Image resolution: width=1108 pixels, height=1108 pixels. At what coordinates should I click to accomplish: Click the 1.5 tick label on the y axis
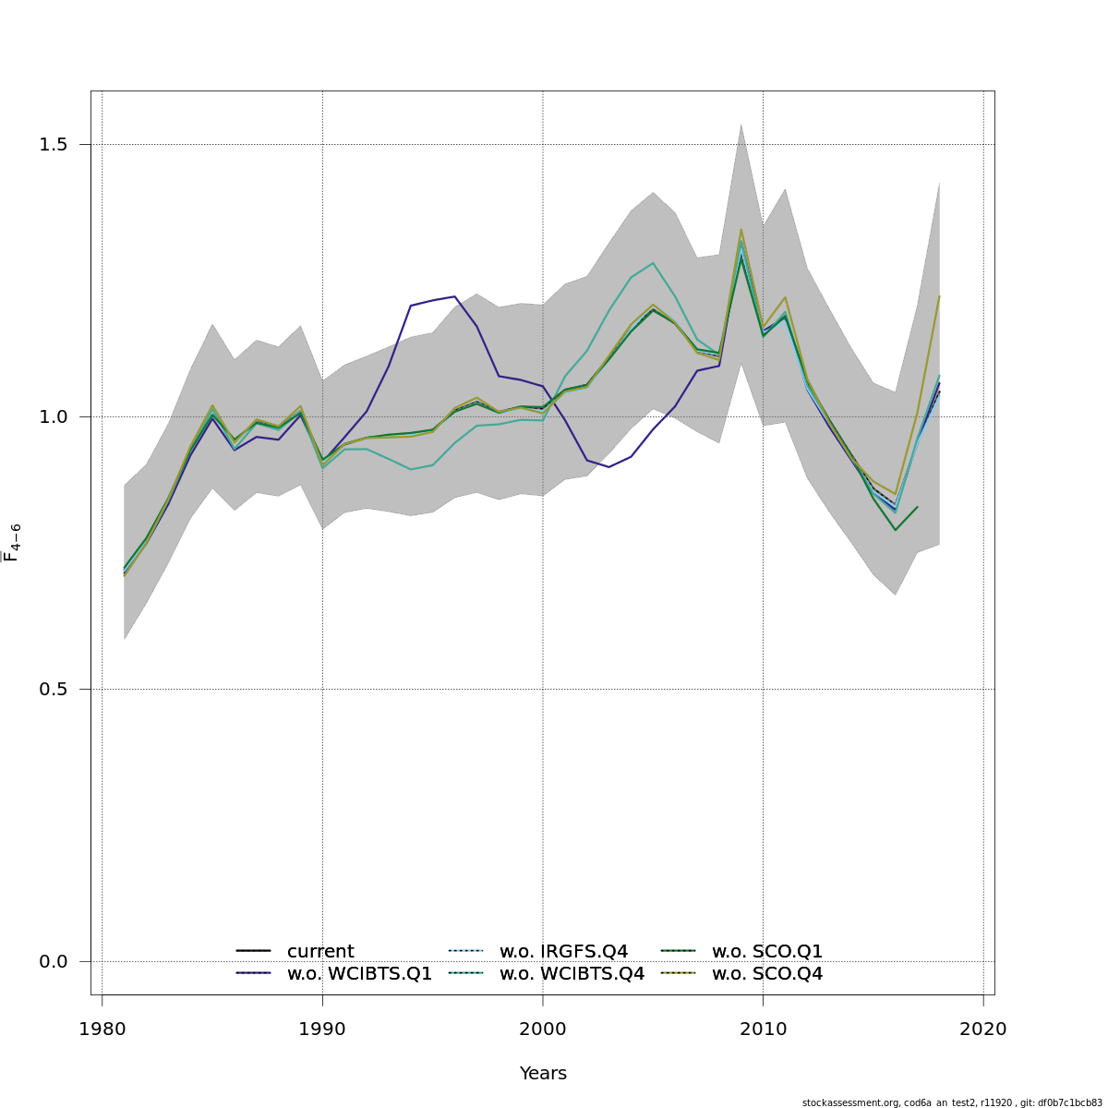point(54,145)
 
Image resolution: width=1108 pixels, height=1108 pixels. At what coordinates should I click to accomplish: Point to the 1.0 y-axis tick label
point(54,417)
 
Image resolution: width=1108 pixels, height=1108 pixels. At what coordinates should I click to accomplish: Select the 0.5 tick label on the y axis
point(54,690)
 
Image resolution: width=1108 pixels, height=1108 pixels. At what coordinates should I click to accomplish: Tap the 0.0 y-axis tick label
point(54,962)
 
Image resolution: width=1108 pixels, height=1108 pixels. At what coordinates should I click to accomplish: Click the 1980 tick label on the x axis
point(102,1029)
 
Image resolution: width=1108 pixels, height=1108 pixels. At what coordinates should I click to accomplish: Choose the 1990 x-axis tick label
point(322,1029)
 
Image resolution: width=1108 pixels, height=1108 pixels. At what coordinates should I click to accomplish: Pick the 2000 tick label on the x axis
point(543,1029)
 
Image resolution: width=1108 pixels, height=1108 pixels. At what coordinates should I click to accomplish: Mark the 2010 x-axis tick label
point(763,1029)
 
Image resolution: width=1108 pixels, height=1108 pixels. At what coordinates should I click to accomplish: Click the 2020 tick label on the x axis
point(983,1029)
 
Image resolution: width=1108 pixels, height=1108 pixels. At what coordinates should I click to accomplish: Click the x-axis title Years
point(543,1074)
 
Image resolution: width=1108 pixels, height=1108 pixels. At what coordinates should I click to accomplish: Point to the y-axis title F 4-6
point(13,543)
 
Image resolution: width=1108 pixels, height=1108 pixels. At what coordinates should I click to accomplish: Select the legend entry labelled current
point(320,952)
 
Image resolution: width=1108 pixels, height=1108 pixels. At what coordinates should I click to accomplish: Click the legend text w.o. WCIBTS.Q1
point(359,974)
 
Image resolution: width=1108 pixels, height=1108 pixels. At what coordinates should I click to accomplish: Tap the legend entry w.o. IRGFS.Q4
point(563,952)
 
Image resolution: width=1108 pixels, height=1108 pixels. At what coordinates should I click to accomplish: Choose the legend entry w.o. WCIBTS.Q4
point(572,974)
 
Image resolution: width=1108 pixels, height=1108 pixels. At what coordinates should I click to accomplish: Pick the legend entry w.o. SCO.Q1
point(766,952)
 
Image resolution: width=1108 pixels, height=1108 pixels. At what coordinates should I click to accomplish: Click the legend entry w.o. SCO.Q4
point(766,974)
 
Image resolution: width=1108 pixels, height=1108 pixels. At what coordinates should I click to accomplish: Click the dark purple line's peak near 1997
point(454,296)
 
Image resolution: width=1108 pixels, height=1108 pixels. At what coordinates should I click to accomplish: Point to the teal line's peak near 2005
point(653,263)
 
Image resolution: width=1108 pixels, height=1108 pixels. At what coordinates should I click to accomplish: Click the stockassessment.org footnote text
point(952,1102)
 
